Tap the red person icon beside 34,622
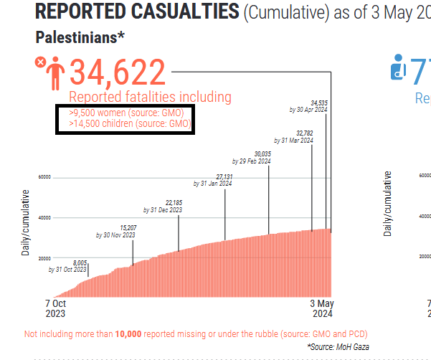55,75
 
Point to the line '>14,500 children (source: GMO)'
130,123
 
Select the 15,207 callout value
128,227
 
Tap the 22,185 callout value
174,203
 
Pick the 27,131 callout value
224,176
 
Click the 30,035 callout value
262,154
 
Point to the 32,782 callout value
304,133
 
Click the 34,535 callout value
319,103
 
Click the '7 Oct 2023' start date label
55,308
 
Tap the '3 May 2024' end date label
322,308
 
